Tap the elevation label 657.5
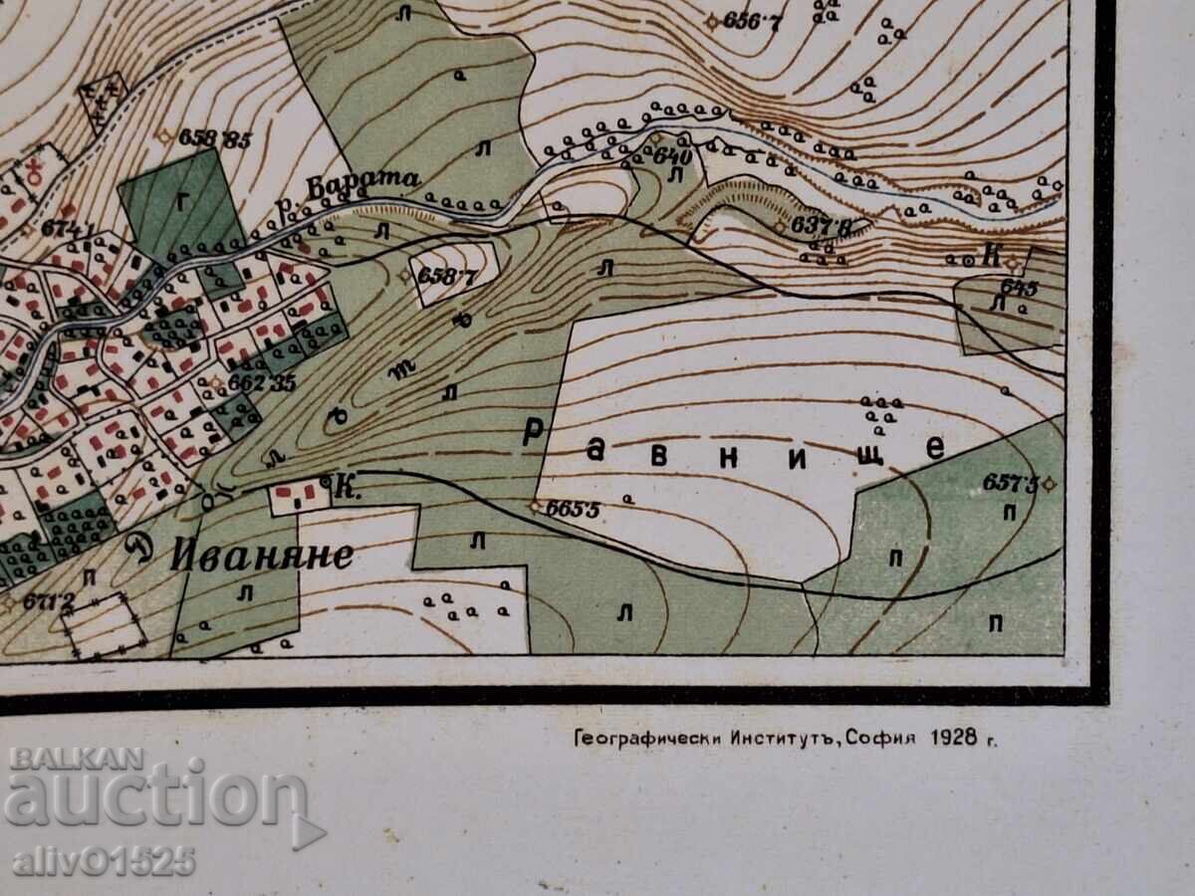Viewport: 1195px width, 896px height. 1010,484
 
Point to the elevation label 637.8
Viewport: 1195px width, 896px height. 822,226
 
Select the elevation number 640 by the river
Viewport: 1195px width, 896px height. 673,156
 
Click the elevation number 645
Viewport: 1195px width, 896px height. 1019,288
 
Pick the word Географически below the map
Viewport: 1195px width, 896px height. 633,739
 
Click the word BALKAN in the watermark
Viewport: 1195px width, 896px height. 78,758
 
